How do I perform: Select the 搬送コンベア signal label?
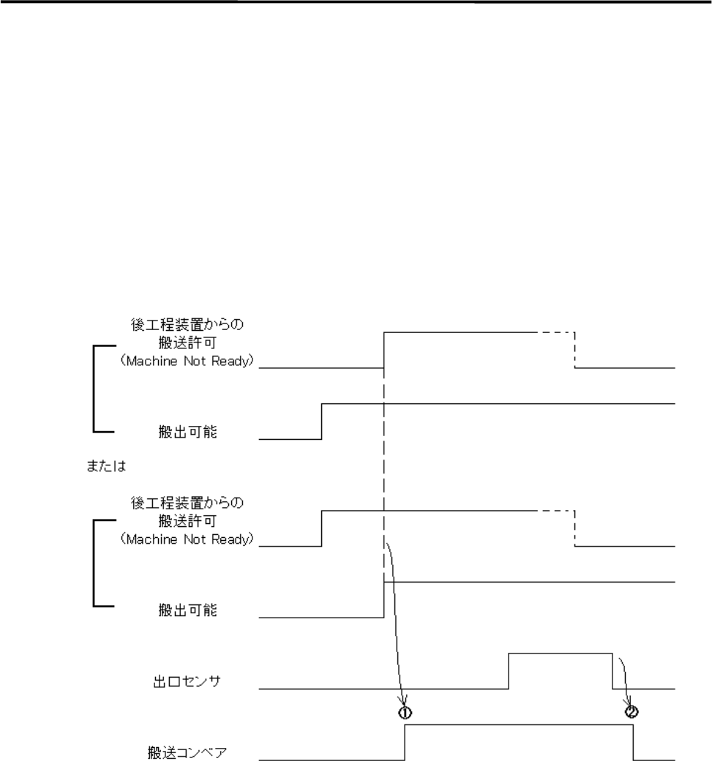(180, 752)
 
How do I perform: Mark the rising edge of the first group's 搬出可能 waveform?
(322, 421)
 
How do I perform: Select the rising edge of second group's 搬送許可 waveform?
(322, 528)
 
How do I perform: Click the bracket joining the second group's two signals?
(95, 563)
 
